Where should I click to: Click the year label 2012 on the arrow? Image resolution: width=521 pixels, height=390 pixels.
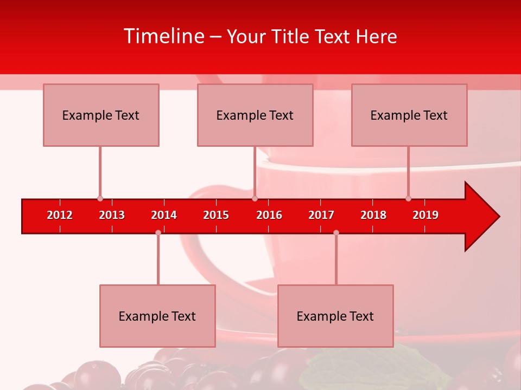click(60, 215)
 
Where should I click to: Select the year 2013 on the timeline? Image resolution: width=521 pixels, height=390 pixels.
click(112, 215)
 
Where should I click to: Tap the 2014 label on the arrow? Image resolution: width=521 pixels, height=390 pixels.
click(164, 215)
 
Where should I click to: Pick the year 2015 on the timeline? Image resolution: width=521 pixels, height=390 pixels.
click(216, 215)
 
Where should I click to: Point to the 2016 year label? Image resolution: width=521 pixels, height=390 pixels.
click(269, 215)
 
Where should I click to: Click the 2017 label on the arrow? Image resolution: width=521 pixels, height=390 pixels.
click(321, 215)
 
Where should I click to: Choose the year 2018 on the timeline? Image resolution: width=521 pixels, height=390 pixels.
click(373, 215)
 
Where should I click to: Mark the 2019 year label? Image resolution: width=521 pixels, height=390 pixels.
click(425, 215)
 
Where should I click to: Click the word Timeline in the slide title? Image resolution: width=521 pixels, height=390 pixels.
click(163, 36)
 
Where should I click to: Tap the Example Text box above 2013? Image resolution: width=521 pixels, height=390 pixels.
click(101, 115)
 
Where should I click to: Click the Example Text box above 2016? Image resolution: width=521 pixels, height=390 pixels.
click(255, 115)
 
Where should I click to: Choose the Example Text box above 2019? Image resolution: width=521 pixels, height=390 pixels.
click(409, 115)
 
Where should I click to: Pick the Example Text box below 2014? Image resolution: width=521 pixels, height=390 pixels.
click(157, 316)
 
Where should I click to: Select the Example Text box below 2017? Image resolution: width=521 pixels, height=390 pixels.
click(335, 316)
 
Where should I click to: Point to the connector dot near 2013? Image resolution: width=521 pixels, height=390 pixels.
click(100, 199)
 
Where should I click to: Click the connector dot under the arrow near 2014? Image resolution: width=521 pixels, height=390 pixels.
click(158, 232)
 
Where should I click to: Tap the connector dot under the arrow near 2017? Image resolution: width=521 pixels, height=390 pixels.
click(336, 232)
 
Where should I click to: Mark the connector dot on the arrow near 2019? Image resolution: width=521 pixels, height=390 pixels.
click(408, 199)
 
